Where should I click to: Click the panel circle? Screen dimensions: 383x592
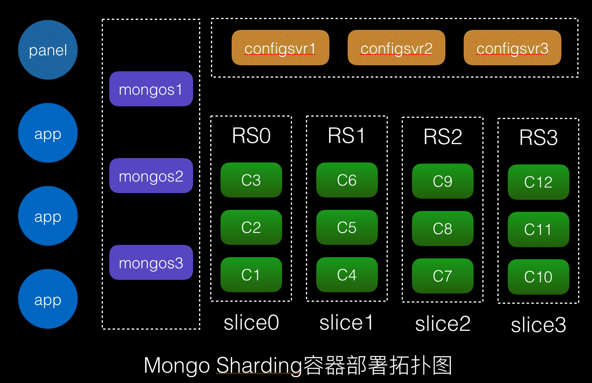coord(48,50)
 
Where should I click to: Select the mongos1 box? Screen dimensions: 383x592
coord(151,89)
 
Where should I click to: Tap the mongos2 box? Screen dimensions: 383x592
coord(151,176)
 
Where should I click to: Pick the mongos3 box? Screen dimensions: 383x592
coord(151,262)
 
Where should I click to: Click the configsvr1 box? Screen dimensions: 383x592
coord(280,48)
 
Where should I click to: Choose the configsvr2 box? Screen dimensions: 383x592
coord(396,48)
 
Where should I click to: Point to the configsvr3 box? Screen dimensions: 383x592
coord(512,48)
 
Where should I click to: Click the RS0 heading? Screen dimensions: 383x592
coord(251,136)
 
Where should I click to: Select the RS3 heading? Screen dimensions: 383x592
coord(538,138)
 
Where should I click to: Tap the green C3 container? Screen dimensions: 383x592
coord(251,180)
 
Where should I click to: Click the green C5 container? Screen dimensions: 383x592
coord(347,227)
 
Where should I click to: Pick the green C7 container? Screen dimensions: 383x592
coord(443,276)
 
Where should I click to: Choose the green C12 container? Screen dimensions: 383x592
coord(538,182)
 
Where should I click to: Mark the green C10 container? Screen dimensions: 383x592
coord(538,277)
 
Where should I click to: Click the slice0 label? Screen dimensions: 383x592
coord(251,322)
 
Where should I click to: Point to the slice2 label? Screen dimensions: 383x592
coord(443,324)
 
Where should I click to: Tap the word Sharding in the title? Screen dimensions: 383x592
coord(259,365)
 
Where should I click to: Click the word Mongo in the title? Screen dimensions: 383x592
coord(176,365)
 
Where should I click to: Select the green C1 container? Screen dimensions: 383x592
coord(251,275)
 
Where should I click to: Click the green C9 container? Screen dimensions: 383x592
coord(443,181)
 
